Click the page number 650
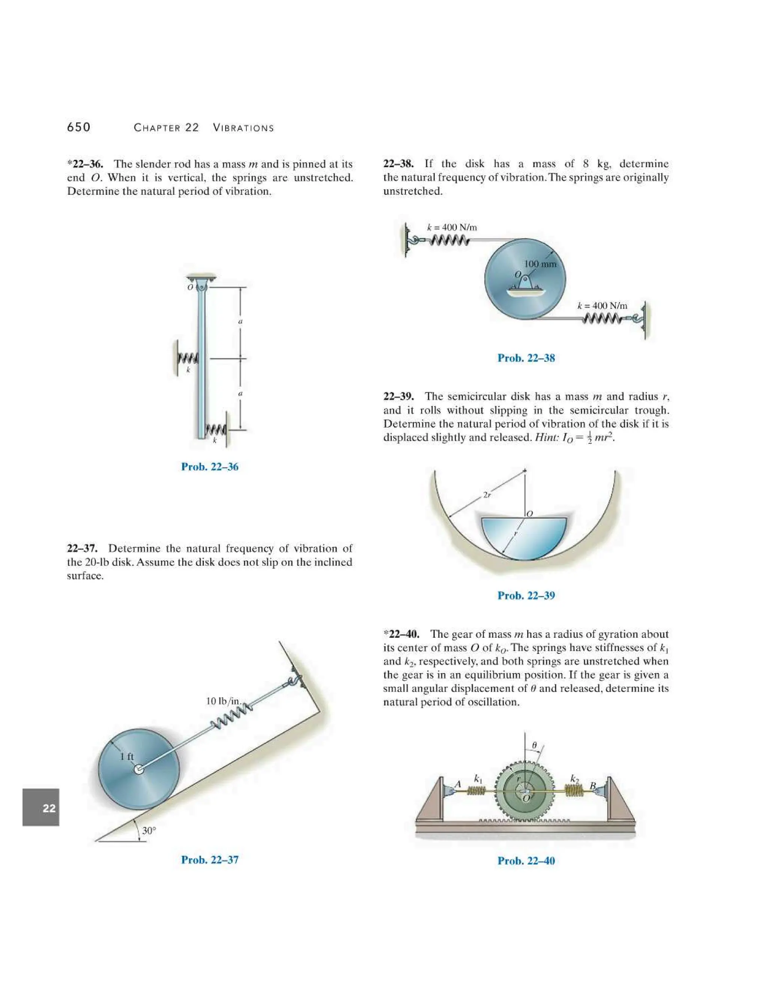79,127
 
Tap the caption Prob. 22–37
210,860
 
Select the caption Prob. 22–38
526,358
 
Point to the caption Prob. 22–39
526,595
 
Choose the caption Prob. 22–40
526,861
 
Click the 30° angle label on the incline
149,831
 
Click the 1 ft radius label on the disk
127,757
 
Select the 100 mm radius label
540,264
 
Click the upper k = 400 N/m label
452,227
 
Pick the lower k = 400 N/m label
602,306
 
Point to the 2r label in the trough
487,495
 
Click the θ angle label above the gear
535,745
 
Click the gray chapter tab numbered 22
41,809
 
